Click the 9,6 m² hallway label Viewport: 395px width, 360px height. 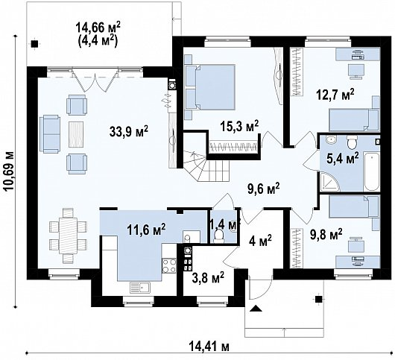coord(262,189)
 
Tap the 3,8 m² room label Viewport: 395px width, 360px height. coord(208,278)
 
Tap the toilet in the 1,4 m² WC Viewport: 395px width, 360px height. coord(218,235)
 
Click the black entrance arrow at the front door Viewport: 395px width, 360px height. coord(257,309)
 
